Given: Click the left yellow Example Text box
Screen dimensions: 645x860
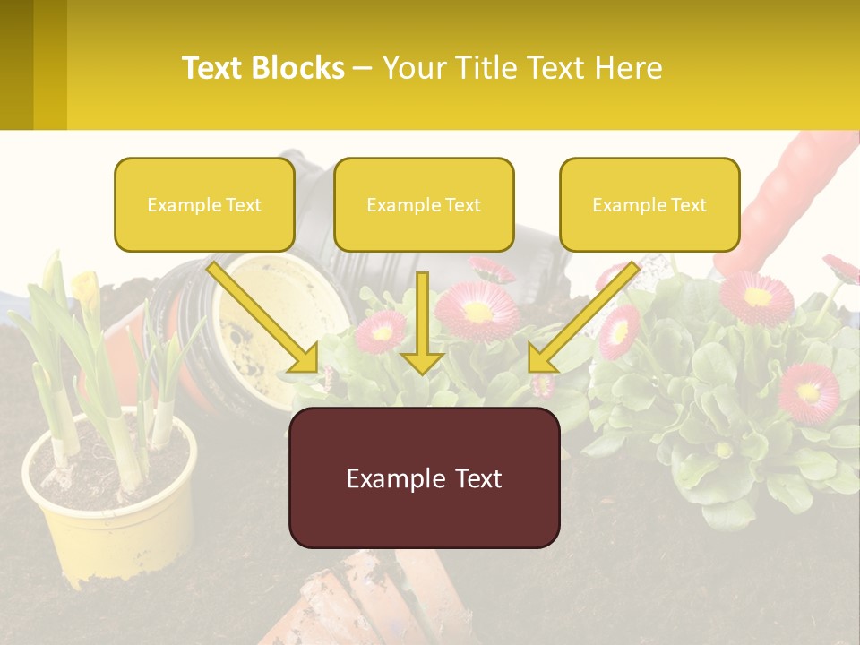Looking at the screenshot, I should [x=204, y=205].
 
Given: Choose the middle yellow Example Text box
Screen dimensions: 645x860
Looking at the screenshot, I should [x=424, y=205].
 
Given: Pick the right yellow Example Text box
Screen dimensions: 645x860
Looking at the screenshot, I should [x=649, y=205].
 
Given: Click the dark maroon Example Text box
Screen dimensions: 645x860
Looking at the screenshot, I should [x=424, y=477].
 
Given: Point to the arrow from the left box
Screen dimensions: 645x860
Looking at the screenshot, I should [x=264, y=317].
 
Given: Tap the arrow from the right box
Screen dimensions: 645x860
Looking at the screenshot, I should [x=582, y=318].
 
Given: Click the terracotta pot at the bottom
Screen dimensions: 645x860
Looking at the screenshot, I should [x=376, y=596].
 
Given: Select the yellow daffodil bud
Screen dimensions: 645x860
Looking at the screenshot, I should [x=85, y=288].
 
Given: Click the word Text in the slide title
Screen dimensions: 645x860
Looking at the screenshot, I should [x=213, y=68].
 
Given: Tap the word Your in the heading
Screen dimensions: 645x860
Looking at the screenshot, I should [x=413, y=68].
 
